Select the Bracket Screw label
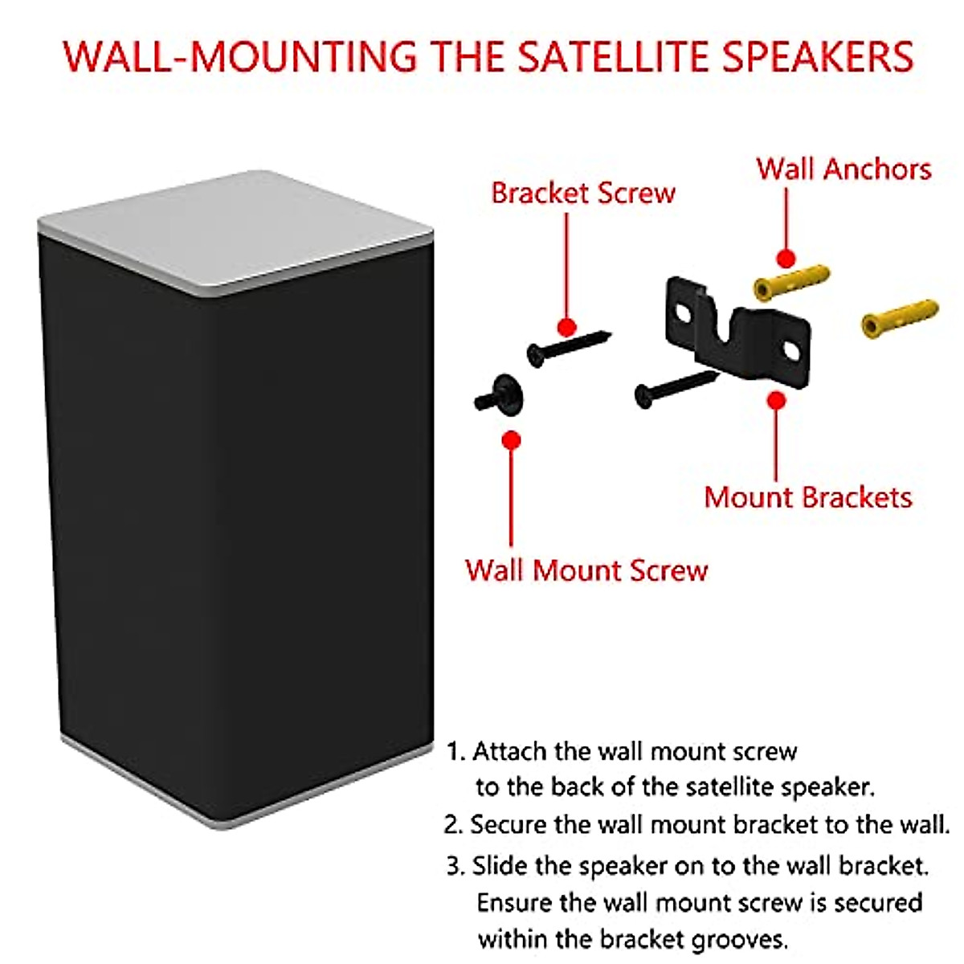583,193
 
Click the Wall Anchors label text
844,169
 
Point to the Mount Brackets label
808,497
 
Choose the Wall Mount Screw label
586,570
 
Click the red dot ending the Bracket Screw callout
567,328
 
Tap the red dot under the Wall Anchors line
786,258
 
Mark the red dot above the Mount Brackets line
776,400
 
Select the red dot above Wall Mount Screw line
511,440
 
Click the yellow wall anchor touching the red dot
792,283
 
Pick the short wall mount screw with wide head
499,394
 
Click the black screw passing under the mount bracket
676,388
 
